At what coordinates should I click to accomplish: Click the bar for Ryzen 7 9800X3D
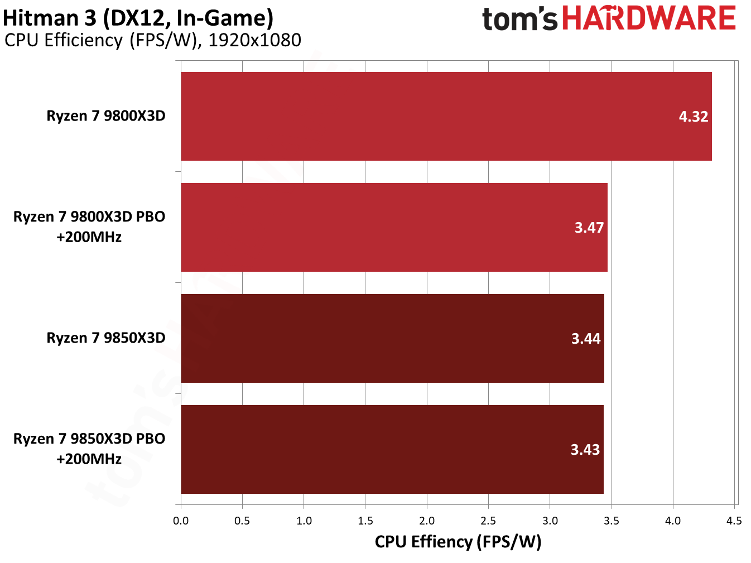pos(446,116)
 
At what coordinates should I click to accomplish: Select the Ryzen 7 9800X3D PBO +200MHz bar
pos(394,227)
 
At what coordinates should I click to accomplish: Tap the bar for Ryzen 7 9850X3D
pos(392,338)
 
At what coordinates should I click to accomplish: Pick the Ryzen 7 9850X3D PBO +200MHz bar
pos(392,449)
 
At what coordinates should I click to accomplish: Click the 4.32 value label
pos(693,117)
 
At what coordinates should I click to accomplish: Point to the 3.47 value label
pos(589,228)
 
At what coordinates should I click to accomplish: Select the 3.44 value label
pos(586,339)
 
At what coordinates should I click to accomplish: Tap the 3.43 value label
pos(585,450)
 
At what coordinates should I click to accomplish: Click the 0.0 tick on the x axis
pos(181,521)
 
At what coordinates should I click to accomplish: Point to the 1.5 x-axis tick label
pos(365,521)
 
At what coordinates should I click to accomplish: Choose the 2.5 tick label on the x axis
pos(488,521)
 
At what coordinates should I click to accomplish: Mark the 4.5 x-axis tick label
pos(734,521)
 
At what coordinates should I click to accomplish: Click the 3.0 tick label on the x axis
pos(550,521)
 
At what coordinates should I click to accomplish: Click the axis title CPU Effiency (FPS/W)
pos(458,542)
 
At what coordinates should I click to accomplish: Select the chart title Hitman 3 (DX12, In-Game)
pos(138,18)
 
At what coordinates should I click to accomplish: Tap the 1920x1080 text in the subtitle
pos(254,40)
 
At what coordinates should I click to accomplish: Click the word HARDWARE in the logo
pos(649,18)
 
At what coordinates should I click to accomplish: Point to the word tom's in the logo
pos(519,20)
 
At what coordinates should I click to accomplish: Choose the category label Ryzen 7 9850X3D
pos(106,338)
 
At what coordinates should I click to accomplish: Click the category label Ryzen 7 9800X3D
pos(106,116)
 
